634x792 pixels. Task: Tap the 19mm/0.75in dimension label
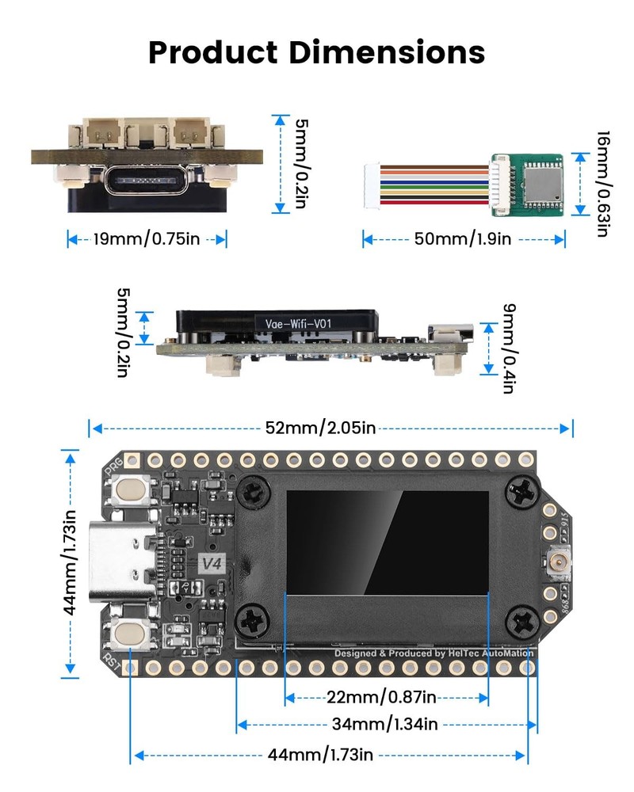(x=147, y=238)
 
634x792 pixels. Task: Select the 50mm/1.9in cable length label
(x=463, y=238)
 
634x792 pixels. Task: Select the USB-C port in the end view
(x=147, y=181)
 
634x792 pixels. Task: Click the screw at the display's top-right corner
(x=523, y=492)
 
